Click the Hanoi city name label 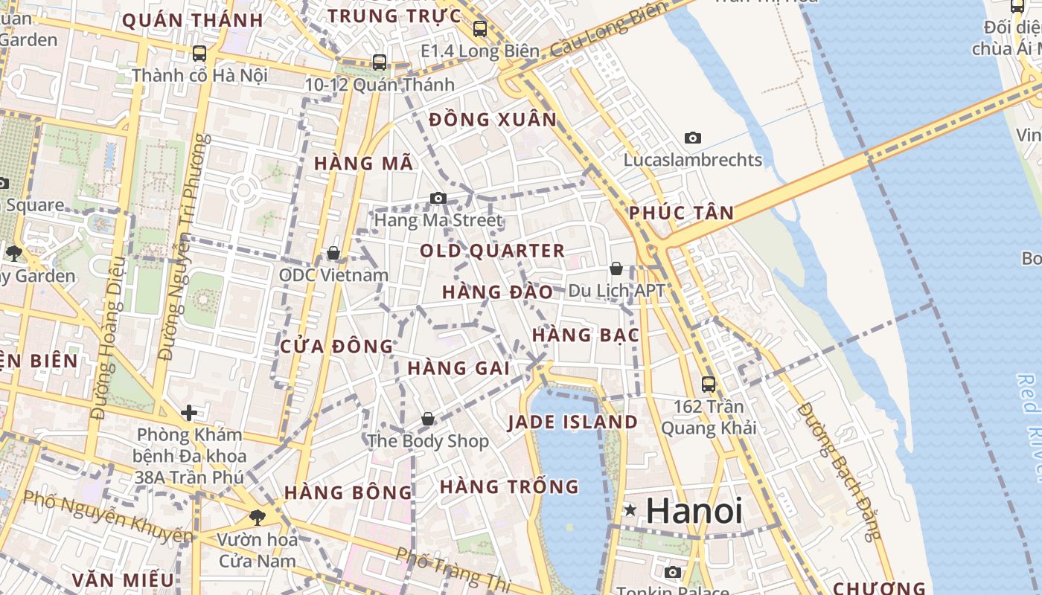point(694,511)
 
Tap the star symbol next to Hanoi point(631,510)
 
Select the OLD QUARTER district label point(492,251)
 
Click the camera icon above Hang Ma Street point(438,198)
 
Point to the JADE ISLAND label point(572,422)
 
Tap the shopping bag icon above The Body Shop point(428,419)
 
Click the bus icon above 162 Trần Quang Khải point(709,385)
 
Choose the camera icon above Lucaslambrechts point(693,138)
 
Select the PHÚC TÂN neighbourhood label point(681,213)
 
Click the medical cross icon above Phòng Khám point(189,412)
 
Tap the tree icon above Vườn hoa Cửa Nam point(258,516)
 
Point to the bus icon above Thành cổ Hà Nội point(199,54)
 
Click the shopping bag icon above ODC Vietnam point(333,253)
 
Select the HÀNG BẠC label point(586,335)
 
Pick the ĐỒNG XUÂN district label point(493,120)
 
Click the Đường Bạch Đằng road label point(838,472)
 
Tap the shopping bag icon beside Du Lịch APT point(616,268)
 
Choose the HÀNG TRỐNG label point(509,487)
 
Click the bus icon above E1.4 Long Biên point(480,29)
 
